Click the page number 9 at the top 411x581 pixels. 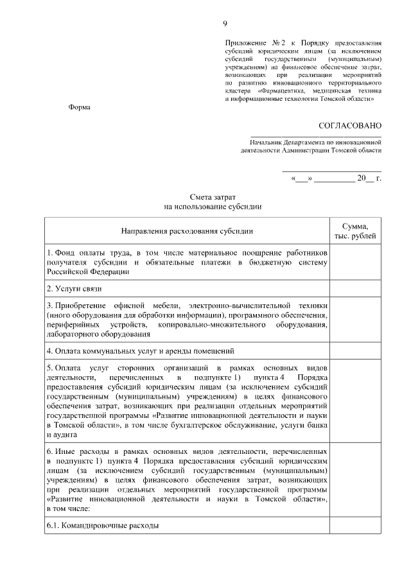(x=225, y=24)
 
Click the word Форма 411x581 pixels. (x=80, y=107)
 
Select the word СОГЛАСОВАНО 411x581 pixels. (x=350, y=125)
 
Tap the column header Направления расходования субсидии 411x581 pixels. (x=188, y=230)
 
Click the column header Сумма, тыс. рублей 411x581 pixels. (x=355, y=230)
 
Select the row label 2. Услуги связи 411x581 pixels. (x=71, y=289)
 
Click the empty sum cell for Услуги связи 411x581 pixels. (x=355, y=289)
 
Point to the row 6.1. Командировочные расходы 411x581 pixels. (x=103, y=526)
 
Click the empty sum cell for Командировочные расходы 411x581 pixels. (x=355, y=526)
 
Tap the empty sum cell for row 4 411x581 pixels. (x=355, y=351)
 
